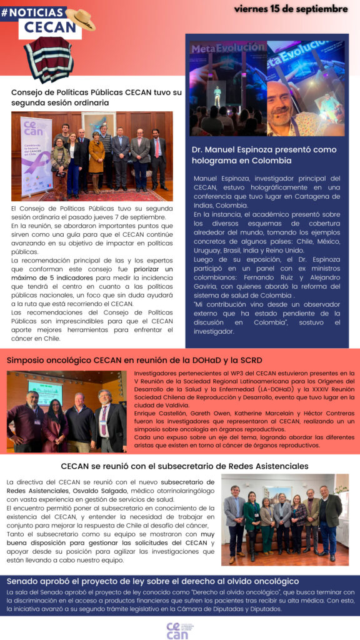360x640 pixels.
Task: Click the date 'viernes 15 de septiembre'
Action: [x=291, y=9]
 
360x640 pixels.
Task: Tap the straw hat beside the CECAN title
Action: [x=81, y=19]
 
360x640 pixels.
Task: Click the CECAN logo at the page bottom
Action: [x=177, y=630]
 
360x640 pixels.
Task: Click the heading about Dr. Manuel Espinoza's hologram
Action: [x=264, y=155]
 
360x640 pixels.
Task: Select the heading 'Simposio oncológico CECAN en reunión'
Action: [x=134, y=360]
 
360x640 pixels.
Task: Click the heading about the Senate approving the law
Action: [x=152, y=581]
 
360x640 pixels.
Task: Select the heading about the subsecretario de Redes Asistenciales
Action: [x=185, y=466]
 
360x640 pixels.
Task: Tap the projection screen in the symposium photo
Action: [x=46, y=392]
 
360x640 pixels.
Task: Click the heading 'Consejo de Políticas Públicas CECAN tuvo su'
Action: [x=96, y=92]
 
